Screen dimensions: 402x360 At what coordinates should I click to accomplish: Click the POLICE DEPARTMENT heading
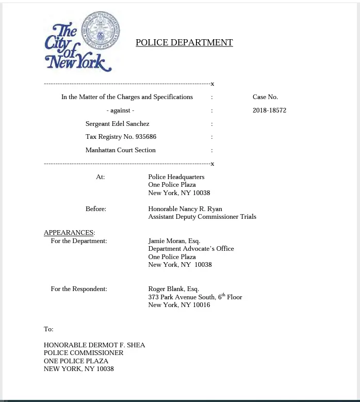point(184,43)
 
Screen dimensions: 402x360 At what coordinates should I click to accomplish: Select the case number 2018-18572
point(269,110)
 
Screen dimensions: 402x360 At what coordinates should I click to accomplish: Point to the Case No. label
point(265,97)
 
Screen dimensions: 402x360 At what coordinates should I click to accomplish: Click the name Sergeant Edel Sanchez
point(117,124)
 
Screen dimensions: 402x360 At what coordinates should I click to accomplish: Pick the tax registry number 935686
point(146,137)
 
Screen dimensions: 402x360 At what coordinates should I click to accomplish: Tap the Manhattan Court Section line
point(120,150)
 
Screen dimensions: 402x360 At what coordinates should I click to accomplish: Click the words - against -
point(120,110)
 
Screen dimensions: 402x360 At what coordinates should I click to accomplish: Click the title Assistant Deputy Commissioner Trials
point(202,217)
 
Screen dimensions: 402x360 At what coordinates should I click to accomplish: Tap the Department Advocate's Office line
point(191,249)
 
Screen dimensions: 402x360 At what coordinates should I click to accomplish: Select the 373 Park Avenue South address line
point(194,297)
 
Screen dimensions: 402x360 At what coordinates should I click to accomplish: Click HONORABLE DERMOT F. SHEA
point(94,345)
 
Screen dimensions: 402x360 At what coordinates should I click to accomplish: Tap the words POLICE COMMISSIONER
point(84,353)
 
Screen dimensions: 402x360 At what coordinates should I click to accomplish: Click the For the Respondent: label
point(79,289)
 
